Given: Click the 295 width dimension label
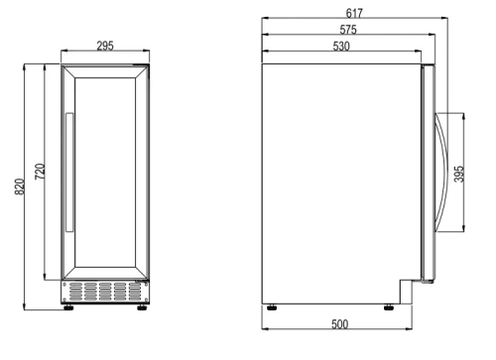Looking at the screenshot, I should [104, 45].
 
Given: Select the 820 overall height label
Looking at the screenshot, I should [21, 186].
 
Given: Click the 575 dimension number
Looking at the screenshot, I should [347, 30].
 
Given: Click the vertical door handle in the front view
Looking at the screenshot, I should [68, 175].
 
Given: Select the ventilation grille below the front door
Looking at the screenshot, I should [103, 291].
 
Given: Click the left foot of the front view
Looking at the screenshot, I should [69, 306].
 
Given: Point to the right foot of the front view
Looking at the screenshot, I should [139, 306].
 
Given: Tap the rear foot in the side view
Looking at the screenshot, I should [272, 304].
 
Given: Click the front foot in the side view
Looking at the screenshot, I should [385, 304].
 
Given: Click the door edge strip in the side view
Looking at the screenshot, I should [428, 174].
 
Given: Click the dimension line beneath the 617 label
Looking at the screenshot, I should [352, 20].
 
